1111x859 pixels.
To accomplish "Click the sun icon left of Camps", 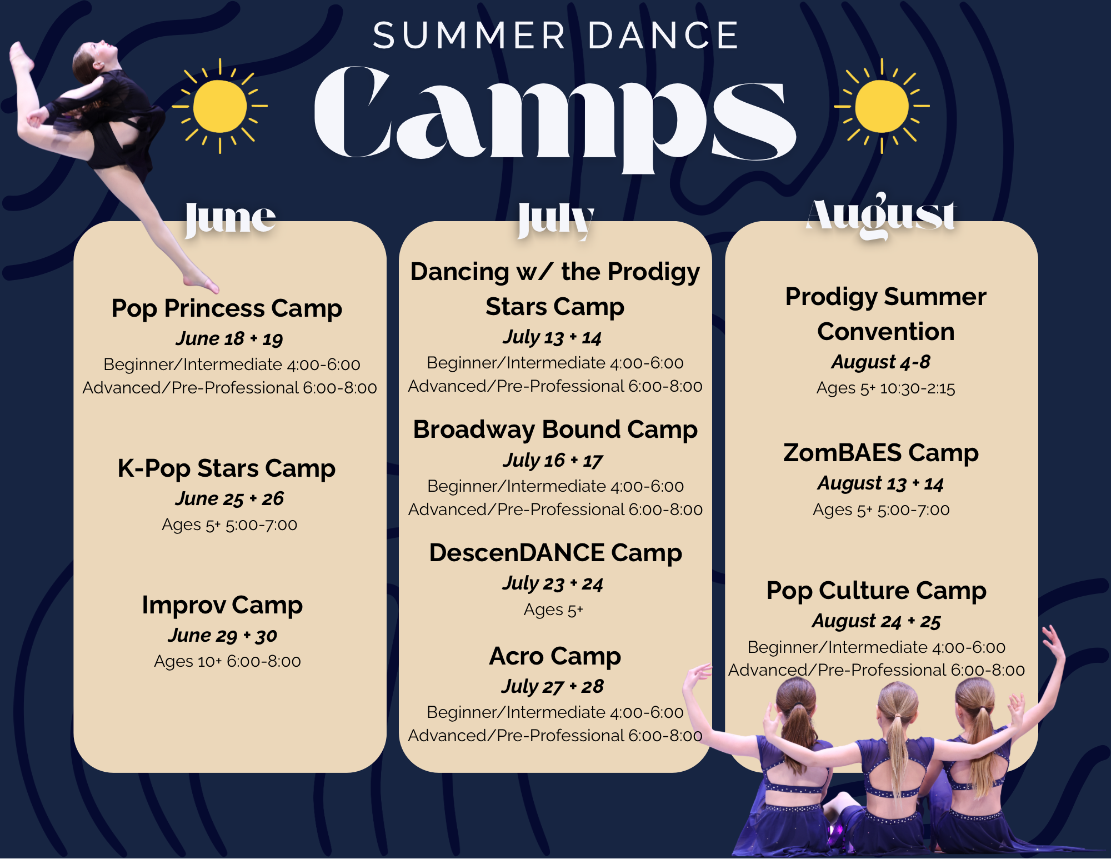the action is (220, 106).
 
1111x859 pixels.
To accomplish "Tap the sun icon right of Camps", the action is (882, 106).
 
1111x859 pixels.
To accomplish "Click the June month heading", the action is (230, 218).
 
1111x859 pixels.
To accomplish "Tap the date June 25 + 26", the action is (229, 498).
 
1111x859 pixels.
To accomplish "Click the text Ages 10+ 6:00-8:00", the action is (227, 661).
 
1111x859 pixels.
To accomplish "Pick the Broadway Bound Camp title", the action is (555, 430).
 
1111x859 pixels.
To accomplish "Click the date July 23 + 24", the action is (553, 583).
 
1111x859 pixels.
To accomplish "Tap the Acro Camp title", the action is (555, 657).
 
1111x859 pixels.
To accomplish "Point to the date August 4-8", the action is (881, 362).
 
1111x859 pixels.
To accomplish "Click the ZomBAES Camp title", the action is (881, 453).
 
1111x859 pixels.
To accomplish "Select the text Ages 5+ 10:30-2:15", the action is (885, 388).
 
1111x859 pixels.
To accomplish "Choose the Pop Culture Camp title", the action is (877, 591).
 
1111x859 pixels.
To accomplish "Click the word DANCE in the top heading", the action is (663, 36).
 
